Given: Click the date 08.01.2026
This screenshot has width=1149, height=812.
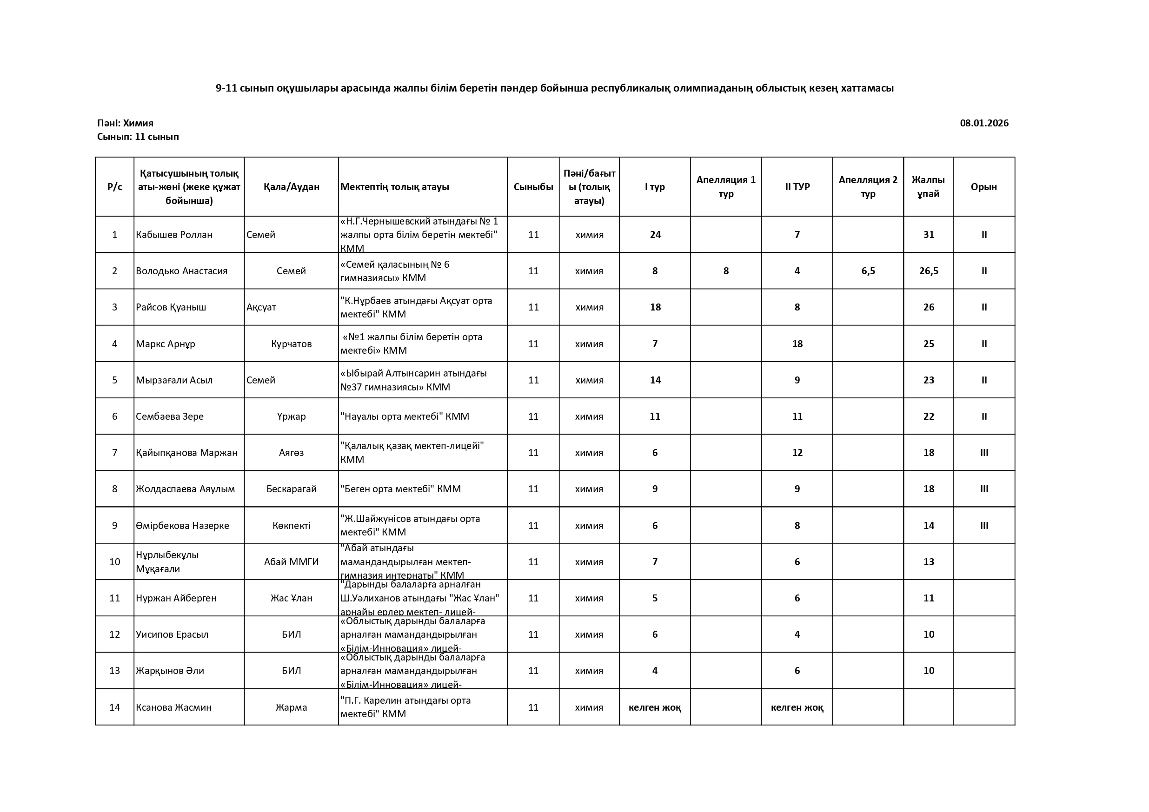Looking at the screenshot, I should [x=983, y=123].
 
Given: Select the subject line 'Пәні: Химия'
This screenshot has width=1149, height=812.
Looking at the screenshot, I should [x=125, y=123].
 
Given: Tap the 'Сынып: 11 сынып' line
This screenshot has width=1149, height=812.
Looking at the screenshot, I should [x=138, y=137].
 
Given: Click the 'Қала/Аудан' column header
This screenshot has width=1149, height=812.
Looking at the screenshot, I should [x=291, y=186].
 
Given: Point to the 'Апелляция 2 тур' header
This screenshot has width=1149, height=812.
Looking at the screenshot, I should [x=868, y=186].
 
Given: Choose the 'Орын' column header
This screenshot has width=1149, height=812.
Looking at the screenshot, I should [x=983, y=186].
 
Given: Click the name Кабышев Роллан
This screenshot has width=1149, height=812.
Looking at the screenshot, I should [x=174, y=235].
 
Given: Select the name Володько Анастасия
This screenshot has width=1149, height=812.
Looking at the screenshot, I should [x=182, y=271].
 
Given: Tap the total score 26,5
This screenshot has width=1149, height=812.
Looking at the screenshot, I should [x=928, y=271].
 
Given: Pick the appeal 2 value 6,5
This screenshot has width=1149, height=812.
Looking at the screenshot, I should [x=868, y=271].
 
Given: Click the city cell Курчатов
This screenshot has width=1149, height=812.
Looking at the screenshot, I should [x=291, y=343].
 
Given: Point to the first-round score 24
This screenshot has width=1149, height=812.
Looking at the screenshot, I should [x=655, y=235].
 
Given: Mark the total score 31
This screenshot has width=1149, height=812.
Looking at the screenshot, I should [x=928, y=235].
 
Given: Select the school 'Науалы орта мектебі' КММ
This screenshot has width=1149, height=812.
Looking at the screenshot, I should [x=405, y=416].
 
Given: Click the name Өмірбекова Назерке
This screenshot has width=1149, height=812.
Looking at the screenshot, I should [x=183, y=525].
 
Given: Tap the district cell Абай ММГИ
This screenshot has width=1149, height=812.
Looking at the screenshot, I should [x=291, y=562].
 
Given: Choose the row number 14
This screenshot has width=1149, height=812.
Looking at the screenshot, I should [x=114, y=707].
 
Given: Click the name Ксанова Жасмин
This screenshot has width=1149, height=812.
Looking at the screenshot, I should [x=173, y=707].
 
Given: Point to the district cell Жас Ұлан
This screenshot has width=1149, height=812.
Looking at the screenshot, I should [x=291, y=598].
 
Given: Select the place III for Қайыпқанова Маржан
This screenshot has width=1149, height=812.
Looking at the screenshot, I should [x=984, y=452].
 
